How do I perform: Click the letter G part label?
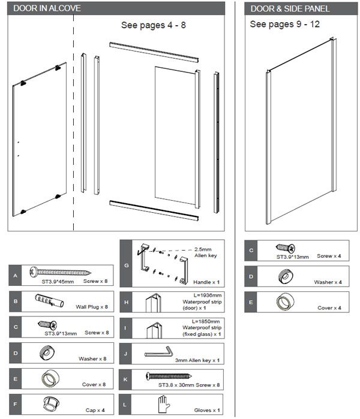pos(125,264)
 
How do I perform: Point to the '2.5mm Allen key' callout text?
pos(205,252)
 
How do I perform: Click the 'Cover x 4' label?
pos(329,308)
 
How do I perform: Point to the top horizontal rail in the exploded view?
pos(154,52)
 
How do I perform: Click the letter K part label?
pos(125,379)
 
